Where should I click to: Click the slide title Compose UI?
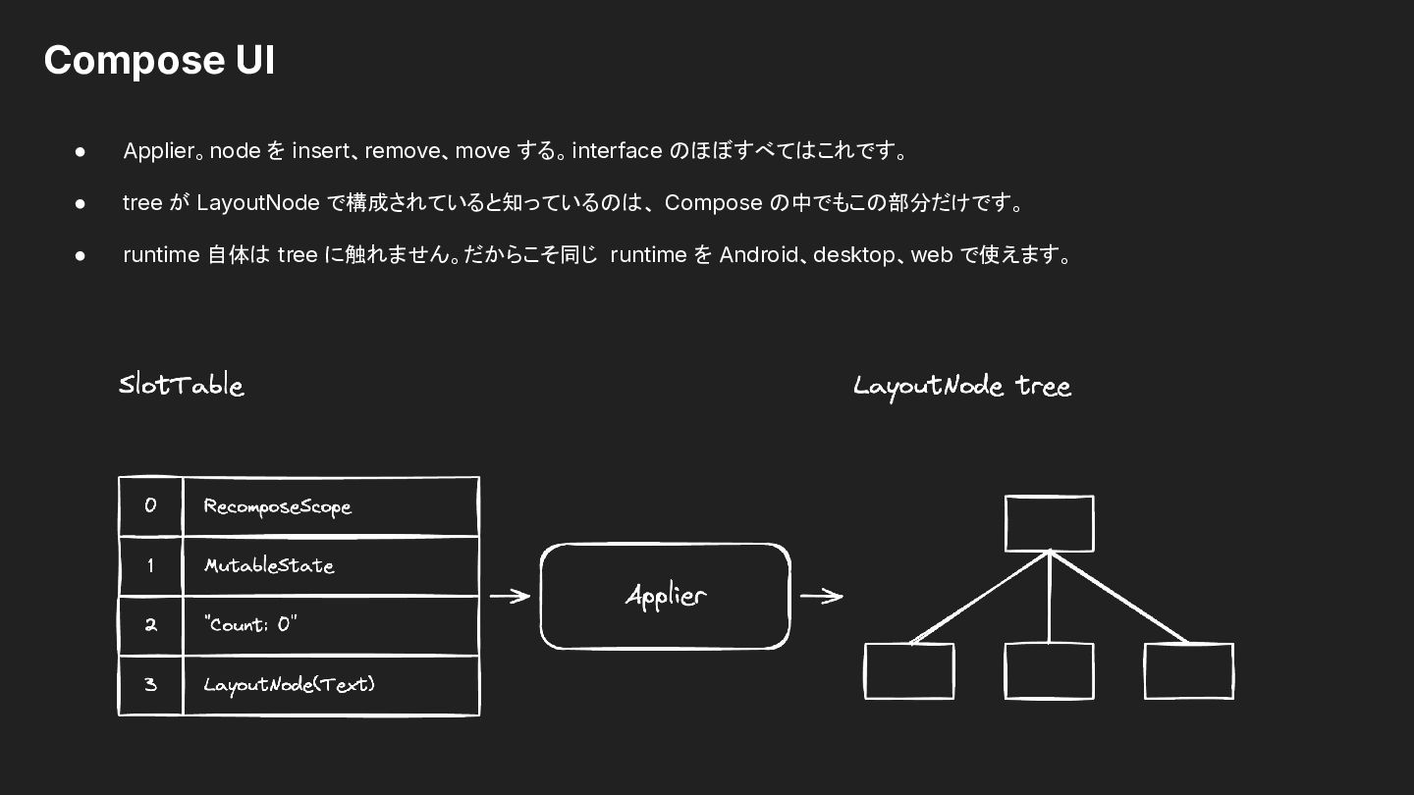pyautogui.click(x=159, y=61)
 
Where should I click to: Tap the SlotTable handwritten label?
pyautogui.click(x=181, y=385)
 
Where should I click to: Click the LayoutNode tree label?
pyautogui.click(x=962, y=386)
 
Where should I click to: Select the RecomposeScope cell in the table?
pyautogui.click(x=331, y=506)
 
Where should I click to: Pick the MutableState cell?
pyautogui.click(x=331, y=566)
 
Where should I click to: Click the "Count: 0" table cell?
pyautogui.click(x=331, y=625)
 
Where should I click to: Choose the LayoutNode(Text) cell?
pyautogui.click(x=331, y=685)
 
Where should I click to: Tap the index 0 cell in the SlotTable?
pyautogui.click(x=150, y=506)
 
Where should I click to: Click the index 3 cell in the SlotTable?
pyautogui.click(x=150, y=685)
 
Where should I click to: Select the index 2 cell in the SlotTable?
pyautogui.click(x=150, y=625)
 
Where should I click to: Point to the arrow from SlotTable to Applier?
pyautogui.click(x=510, y=596)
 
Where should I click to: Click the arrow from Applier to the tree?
pyautogui.click(x=821, y=596)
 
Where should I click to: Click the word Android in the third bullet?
pyautogui.click(x=758, y=255)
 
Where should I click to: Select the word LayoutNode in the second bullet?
pyautogui.click(x=258, y=203)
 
